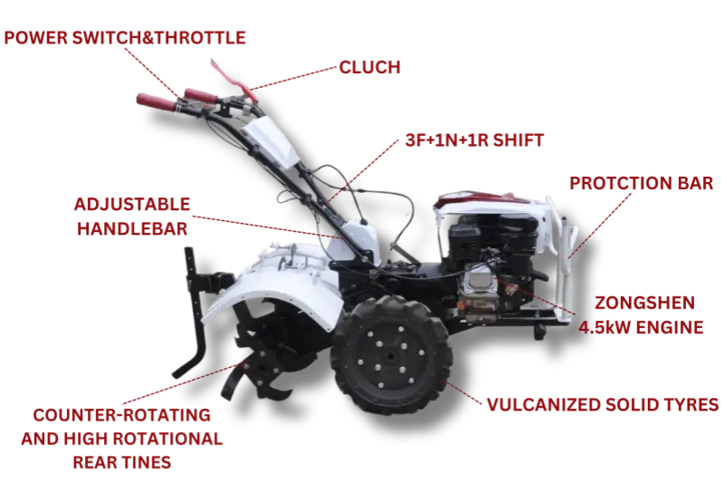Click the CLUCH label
[369, 67]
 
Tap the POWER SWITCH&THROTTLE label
[125, 37]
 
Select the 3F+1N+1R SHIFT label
[474, 140]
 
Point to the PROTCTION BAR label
[641, 183]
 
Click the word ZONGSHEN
[644, 303]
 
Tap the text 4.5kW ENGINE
[641, 327]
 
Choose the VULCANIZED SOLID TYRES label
[603, 404]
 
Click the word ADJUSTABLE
[132, 204]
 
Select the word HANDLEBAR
[132, 228]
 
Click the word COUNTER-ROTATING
[122, 415]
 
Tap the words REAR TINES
[122, 462]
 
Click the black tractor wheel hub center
[391, 356]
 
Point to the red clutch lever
[233, 81]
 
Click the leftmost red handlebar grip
[156, 102]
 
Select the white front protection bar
[562, 259]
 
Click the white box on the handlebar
[270, 141]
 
